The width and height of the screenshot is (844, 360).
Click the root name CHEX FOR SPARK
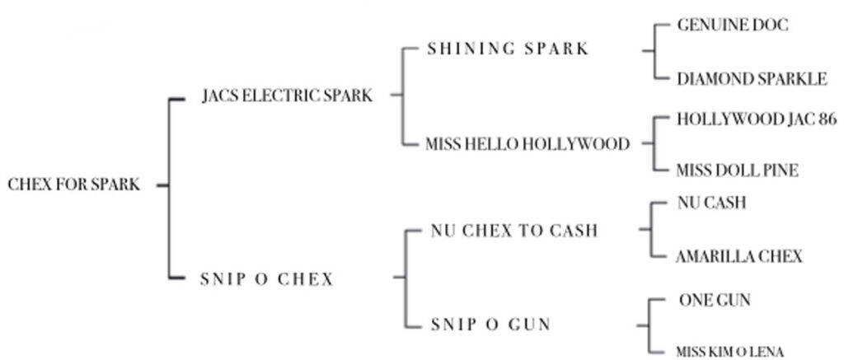(x=74, y=185)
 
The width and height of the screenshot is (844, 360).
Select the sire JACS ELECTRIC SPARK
(x=287, y=96)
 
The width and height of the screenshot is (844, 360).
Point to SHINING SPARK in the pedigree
(x=508, y=49)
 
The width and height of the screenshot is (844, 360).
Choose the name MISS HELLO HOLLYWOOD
(x=527, y=144)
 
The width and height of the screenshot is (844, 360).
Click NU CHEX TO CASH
(x=513, y=231)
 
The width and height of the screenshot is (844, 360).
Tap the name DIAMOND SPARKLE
(x=751, y=79)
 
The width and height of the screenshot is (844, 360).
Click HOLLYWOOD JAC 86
(x=756, y=119)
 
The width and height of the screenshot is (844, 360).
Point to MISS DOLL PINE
(x=737, y=171)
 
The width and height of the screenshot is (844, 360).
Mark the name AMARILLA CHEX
(x=738, y=256)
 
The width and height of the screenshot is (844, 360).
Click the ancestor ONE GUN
(x=715, y=301)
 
